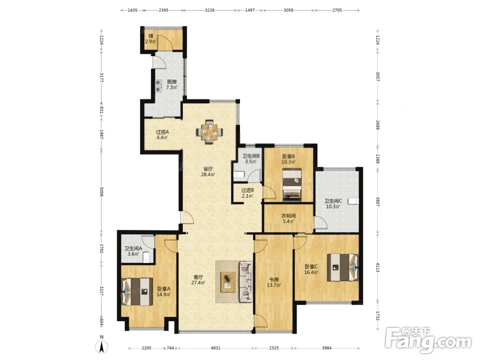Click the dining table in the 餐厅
click(209, 132)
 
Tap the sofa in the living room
click(246, 281)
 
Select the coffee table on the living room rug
click(228, 282)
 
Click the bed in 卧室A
click(137, 292)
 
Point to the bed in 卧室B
click(292, 185)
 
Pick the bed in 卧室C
click(343, 267)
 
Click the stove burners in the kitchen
click(158, 86)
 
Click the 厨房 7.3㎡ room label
click(172, 84)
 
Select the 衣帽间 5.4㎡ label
click(288, 218)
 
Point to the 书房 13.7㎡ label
click(274, 282)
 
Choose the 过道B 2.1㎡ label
click(247, 193)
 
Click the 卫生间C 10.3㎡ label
click(333, 204)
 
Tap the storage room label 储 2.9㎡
click(151, 38)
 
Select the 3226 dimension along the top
click(210, 10)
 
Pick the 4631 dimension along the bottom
click(216, 348)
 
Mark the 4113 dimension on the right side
click(377, 267)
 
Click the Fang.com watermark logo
click(428, 339)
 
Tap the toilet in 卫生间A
click(146, 256)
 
